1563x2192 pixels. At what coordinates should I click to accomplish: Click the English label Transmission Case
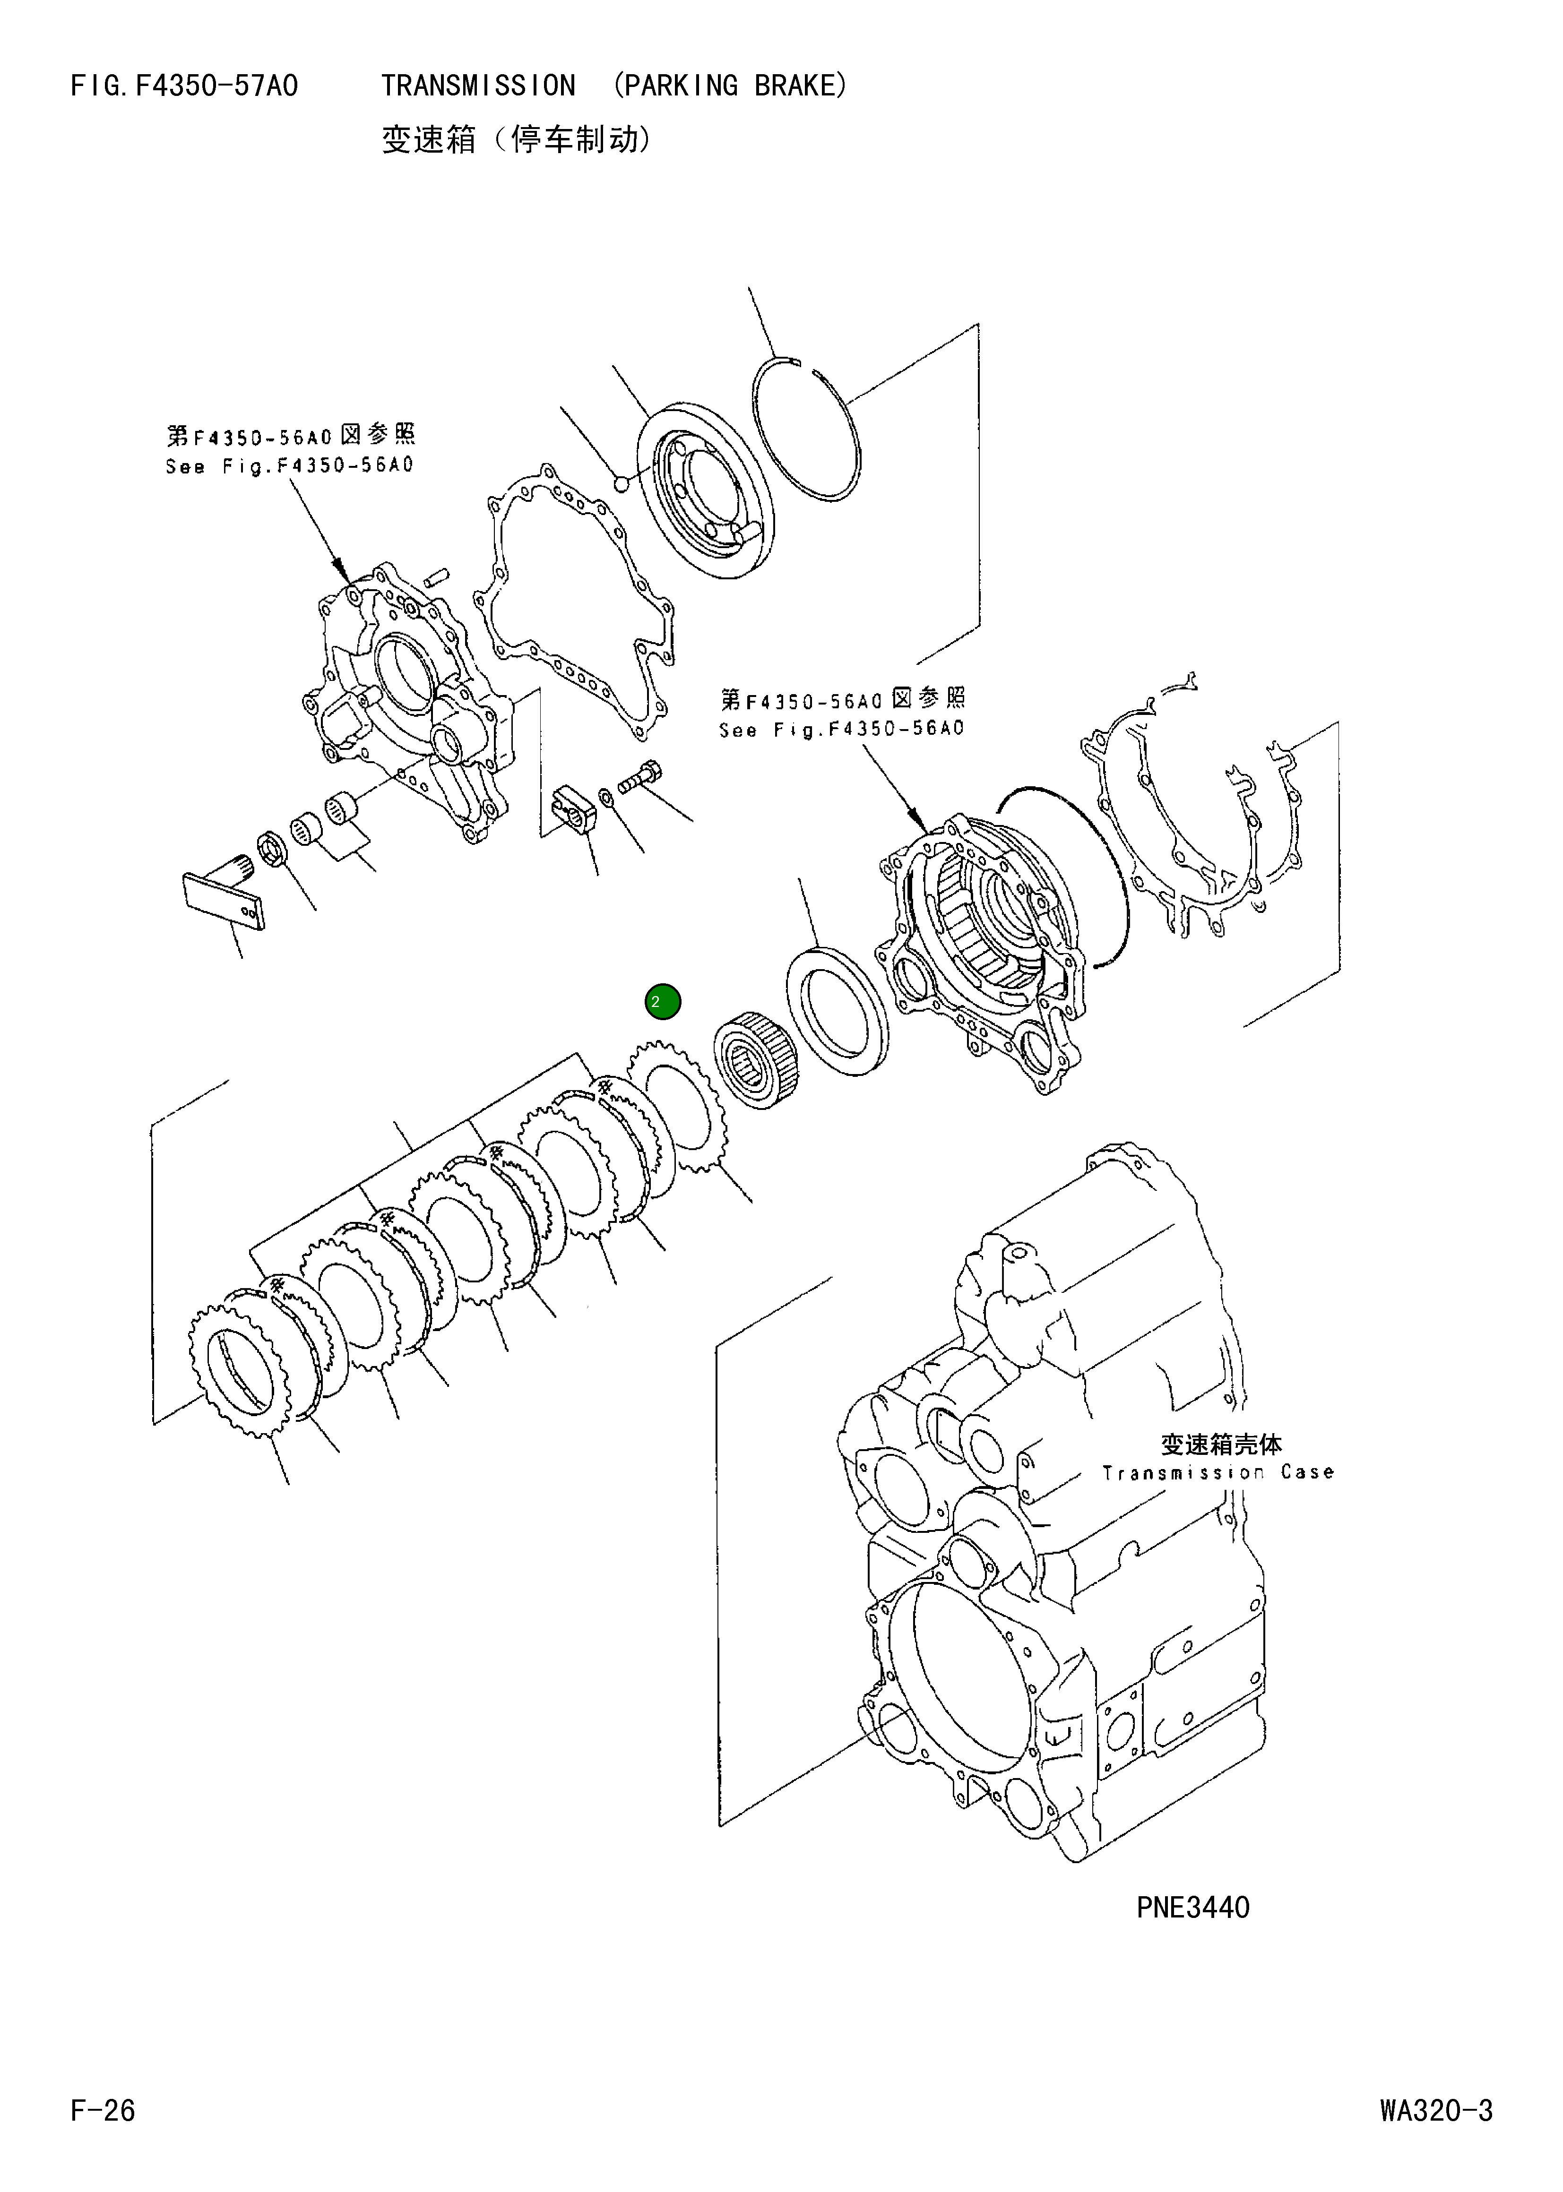tap(1218, 1472)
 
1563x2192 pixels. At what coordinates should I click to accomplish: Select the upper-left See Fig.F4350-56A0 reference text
tap(289, 467)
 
